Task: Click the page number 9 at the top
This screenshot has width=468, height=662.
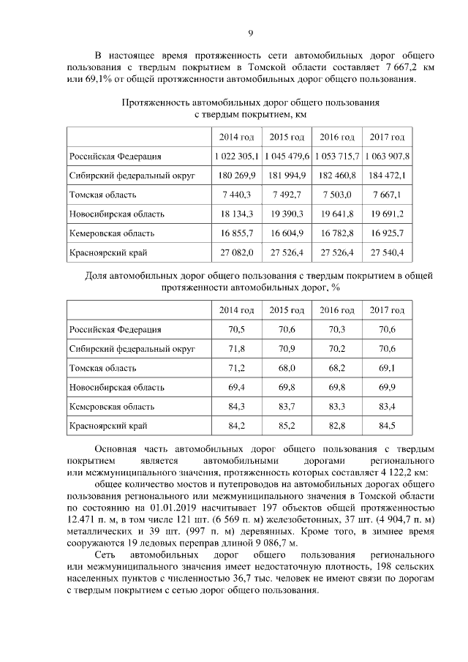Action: [250, 32]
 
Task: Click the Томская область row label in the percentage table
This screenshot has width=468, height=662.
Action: [102, 368]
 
